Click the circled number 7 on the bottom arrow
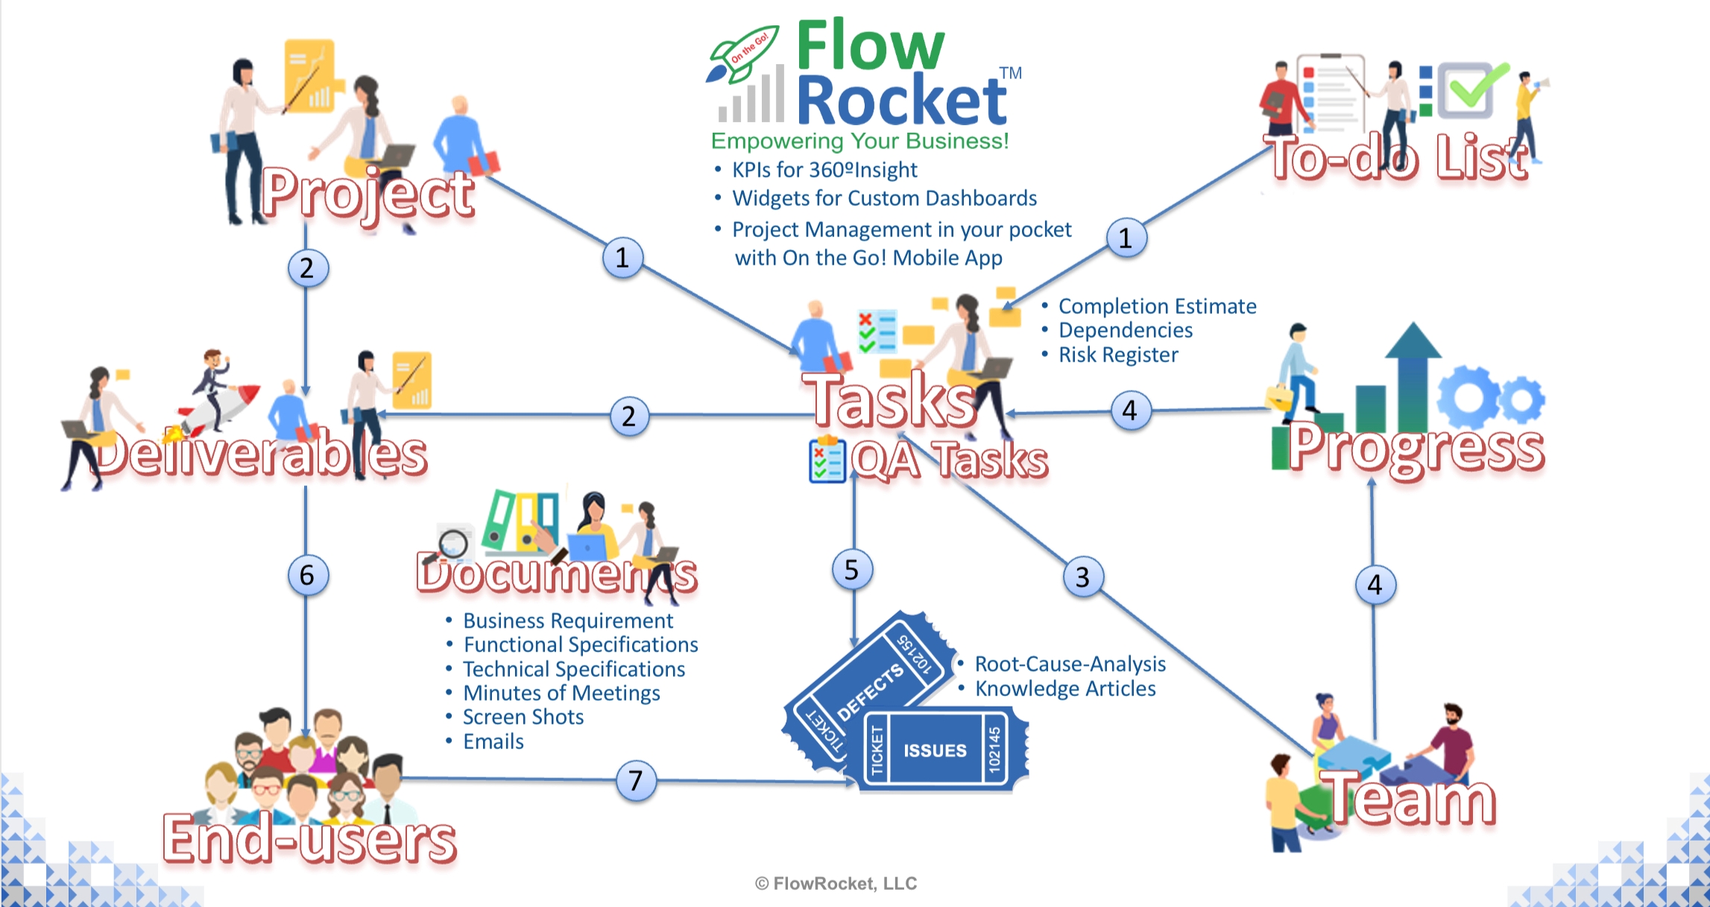pyautogui.click(x=636, y=780)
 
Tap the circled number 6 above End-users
pyautogui.click(x=307, y=575)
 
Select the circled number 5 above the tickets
pyautogui.click(x=852, y=570)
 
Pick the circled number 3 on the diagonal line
pyautogui.click(x=1083, y=577)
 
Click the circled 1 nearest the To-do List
pyautogui.click(x=1126, y=238)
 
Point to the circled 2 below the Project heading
pyautogui.click(x=307, y=268)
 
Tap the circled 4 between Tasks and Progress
pyautogui.click(x=1130, y=410)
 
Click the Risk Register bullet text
pyautogui.click(x=1118, y=355)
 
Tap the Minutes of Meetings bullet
pyautogui.click(x=561, y=693)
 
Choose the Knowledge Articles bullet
pyautogui.click(x=1065, y=689)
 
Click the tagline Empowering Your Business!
pyautogui.click(x=859, y=141)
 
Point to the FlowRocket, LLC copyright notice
pyautogui.click(x=836, y=884)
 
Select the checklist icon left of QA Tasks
pyautogui.click(x=827, y=460)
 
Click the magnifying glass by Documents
pyautogui.click(x=451, y=544)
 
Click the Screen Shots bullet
pyautogui.click(x=523, y=717)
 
